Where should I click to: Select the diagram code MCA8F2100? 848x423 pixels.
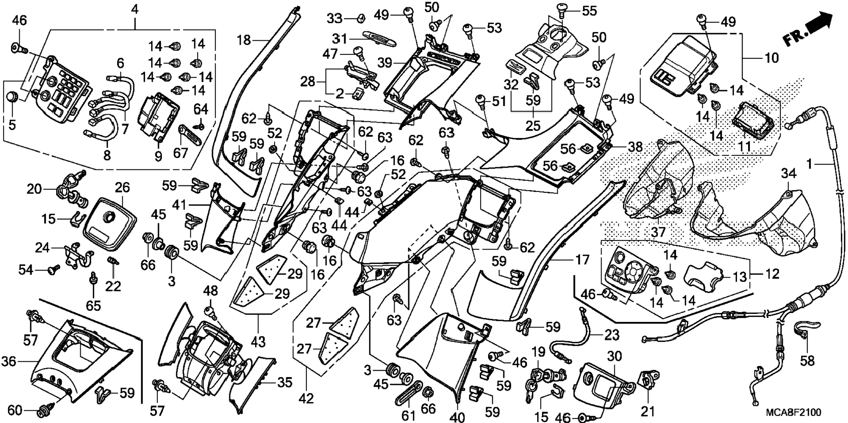tap(793, 412)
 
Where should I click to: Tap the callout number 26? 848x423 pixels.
tap(122, 187)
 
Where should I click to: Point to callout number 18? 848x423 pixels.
tap(244, 40)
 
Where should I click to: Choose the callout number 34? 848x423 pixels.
tap(787, 174)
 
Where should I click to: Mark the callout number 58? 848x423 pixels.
tap(807, 360)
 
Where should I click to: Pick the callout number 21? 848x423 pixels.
tap(648, 411)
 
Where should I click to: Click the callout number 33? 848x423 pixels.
tap(335, 18)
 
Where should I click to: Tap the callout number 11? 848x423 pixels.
tap(744, 146)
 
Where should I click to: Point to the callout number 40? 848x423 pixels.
tap(457, 416)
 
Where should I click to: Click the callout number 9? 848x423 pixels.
tap(158, 156)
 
